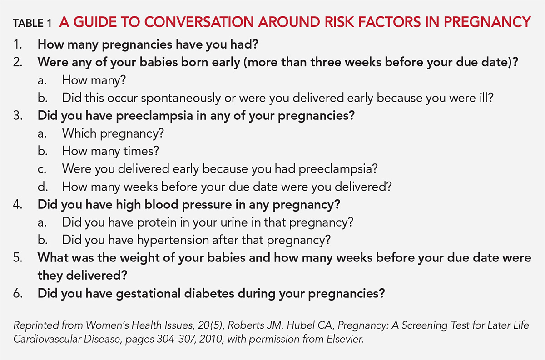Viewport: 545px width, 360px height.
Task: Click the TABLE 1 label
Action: (32, 23)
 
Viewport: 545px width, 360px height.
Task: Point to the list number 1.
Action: (18, 44)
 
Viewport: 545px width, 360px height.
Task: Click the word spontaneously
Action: (181, 98)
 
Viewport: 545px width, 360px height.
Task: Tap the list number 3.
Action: (18, 115)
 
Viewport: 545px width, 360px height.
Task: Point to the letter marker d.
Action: (43, 187)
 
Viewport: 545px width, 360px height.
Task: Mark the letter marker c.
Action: (42, 169)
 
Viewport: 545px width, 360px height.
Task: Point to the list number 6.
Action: (18, 293)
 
